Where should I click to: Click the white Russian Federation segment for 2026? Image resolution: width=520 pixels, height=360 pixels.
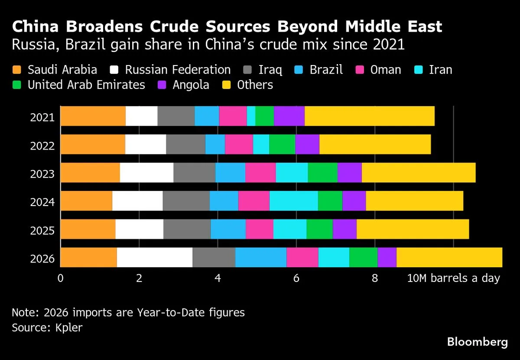(154, 257)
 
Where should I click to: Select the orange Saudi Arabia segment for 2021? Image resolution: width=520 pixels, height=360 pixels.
(93, 116)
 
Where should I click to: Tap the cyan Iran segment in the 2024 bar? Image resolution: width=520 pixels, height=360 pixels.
(293, 201)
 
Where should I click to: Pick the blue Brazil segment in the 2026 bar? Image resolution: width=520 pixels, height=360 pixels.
(260, 257)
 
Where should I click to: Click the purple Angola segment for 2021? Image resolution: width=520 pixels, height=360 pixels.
(289, 116)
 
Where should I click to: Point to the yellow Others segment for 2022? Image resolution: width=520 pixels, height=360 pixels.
(375, 144)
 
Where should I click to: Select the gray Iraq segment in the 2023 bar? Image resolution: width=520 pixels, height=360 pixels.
(194, 173)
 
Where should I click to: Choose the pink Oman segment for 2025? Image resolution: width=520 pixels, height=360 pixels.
(259, 229)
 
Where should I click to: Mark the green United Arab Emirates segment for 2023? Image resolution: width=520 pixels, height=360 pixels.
(322, 173)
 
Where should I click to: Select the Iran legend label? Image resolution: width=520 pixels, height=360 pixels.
(440, 70)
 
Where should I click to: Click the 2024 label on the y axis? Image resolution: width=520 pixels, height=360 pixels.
(42, 202)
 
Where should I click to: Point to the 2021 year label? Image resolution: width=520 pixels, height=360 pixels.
(42, 118)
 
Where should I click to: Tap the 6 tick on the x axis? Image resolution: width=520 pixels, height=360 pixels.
(296, 278)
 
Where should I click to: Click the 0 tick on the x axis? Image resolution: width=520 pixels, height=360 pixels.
(60, 278)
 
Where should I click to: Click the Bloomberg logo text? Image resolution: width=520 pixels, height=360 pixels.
(477, 342)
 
